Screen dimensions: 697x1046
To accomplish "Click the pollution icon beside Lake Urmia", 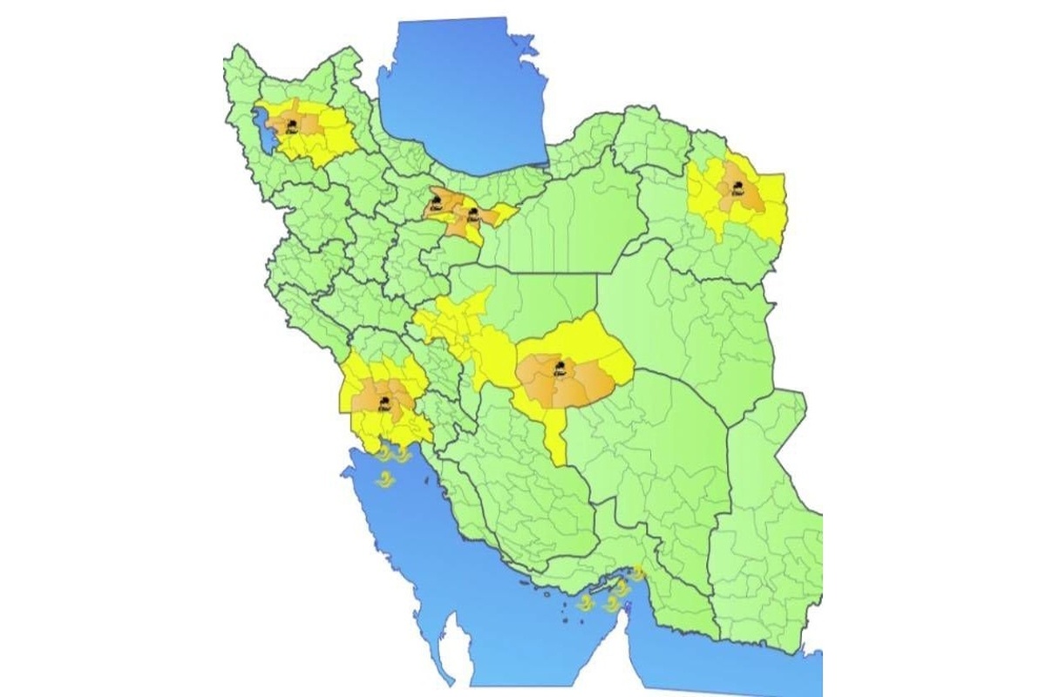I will click(294, 127).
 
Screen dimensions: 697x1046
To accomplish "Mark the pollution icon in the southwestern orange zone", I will click(384, 401).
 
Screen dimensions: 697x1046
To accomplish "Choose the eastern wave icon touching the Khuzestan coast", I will click(403, 452).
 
